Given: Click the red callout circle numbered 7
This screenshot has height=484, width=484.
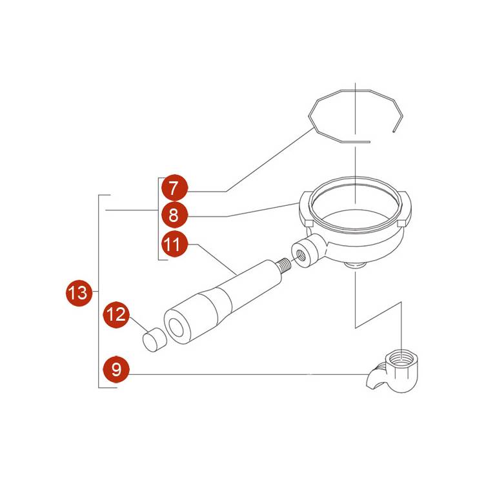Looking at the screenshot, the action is pos(175,188).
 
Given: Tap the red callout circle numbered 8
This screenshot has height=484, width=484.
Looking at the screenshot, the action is pos(175,215).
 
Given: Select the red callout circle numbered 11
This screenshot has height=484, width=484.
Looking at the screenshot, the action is pos(175,244).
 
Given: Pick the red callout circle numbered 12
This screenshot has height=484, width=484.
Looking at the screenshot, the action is pos(116,314).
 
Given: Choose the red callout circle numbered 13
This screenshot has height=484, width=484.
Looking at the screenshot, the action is pos(79,292).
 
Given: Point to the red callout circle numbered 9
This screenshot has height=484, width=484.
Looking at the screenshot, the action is pos(116,369).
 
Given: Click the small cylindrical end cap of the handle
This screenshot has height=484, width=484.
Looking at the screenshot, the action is pos(154,340).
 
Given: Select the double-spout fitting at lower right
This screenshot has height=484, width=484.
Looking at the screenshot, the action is pos(392,371).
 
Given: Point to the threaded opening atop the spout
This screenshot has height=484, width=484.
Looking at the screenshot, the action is pos(401,358).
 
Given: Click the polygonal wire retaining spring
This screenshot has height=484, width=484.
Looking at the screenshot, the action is pos(356,116).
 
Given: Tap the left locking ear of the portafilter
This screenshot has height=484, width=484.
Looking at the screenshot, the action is pos(306,210).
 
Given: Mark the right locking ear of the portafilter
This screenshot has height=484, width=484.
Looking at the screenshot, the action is pos(405,210).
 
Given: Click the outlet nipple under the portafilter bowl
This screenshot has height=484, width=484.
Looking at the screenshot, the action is pos(356,265).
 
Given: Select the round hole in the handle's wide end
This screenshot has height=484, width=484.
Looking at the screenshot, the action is pos(177,327).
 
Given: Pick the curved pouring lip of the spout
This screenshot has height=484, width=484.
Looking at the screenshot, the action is pos(374,378).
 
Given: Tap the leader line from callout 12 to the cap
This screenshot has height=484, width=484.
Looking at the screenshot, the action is pos(139,325).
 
